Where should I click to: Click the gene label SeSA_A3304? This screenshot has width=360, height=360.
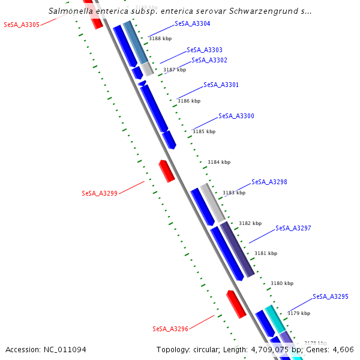pos(192,23)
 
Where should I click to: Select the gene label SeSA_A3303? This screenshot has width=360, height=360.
pos(204,50)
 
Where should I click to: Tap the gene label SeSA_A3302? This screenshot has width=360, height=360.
pos(209,60)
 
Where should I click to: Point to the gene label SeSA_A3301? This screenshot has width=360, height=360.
pos(221,85)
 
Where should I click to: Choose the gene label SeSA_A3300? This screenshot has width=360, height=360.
pos(236,116)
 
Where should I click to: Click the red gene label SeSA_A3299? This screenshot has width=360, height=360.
pos(100,193)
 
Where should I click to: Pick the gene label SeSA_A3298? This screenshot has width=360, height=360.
pos(269,182)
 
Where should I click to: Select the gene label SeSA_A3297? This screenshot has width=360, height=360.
pos(293,229)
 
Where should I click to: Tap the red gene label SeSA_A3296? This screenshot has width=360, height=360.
pos(170,329)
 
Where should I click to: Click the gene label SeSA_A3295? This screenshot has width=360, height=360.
pos(330,296)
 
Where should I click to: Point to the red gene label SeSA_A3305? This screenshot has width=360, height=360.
pos(22,25)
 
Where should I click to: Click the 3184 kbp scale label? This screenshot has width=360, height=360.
pos(219,162)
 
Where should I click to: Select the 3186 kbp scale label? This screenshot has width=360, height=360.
pos(188,101)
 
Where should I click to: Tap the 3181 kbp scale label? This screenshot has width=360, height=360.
pos(266,253)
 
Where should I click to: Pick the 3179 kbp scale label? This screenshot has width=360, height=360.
pos(299,313)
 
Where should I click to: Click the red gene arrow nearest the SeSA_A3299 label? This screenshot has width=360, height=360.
pos(166,171)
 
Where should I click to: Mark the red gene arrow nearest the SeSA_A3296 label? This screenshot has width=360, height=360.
pos(236,304)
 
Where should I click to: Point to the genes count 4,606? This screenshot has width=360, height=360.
pos(341,349)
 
